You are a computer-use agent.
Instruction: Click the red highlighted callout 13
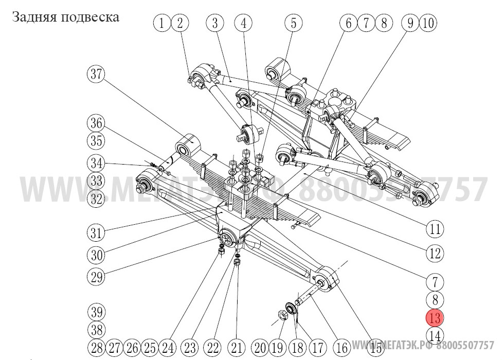pos(435,318)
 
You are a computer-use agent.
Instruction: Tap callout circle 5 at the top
pos(294,23)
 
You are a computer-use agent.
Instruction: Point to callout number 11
pos(435,229)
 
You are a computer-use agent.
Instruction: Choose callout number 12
pos(435,253)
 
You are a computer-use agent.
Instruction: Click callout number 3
pos(215,23)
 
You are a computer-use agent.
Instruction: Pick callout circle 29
pos(95,278)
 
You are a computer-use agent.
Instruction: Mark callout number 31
pos(95,232)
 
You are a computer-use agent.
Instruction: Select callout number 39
pos(95,312)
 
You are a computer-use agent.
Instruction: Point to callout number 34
pos(95,164)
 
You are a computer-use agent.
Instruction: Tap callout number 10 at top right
pos(428,23)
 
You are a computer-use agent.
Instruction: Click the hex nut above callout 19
pos(282,314)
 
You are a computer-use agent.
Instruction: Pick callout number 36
pos(95,124)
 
